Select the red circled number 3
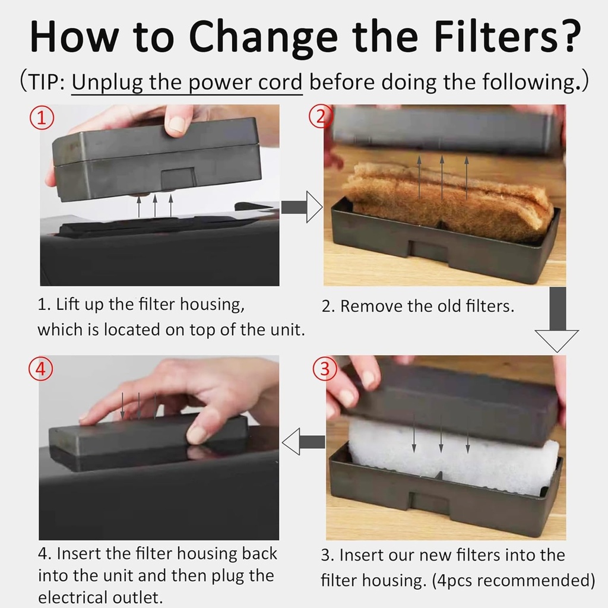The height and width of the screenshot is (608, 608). (x=324, y=369)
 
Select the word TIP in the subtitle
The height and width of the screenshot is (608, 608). (x=45, y=82)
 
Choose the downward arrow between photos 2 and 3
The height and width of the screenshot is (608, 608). (x=556, y=321)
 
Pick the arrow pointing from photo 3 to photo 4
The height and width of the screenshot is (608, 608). (x=303, y=442)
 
